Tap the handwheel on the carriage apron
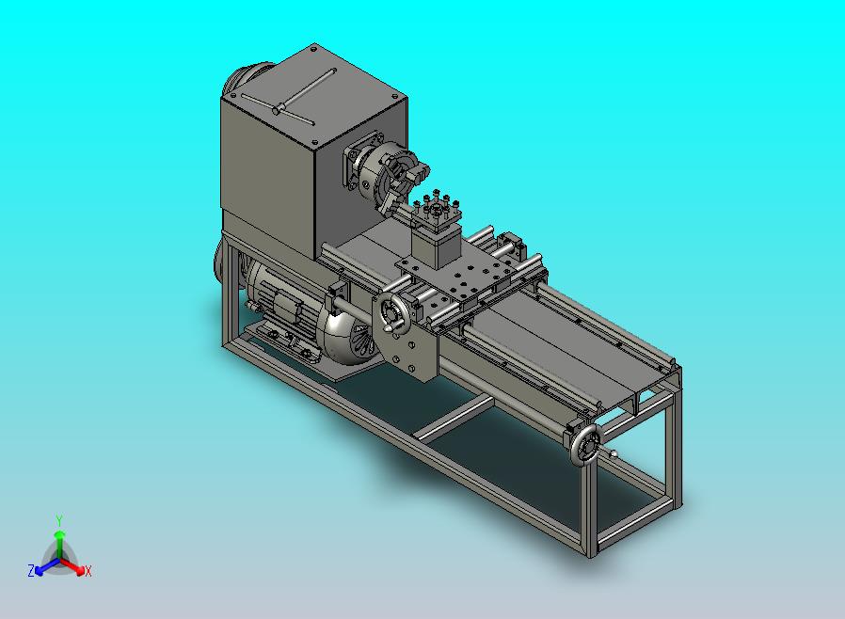[x=392, y=312]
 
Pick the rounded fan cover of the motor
[x=349, y=337]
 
